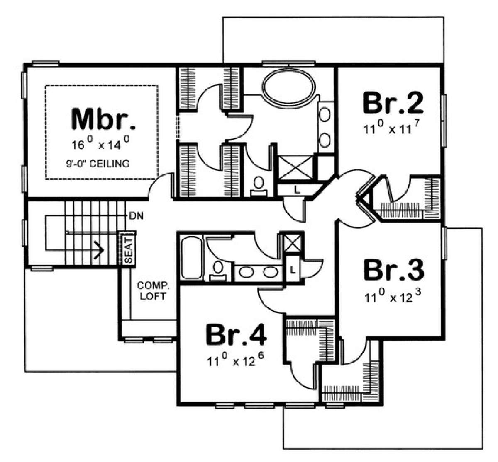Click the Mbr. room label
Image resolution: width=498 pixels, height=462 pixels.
click(104, 119)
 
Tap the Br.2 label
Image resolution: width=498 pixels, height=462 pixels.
click(393, 102)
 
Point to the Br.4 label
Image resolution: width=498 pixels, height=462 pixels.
click(236, 335)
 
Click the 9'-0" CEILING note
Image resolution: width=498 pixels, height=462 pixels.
click(98, 164)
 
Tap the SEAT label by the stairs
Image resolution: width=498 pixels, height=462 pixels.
click(128, 250)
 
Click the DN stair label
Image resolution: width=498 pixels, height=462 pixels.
click(136, 215)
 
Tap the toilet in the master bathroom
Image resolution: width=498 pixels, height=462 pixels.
click(259, 186)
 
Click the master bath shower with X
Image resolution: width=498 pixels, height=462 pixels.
click(296, 167)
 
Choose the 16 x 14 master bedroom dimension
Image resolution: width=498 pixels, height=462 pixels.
click(101, 144)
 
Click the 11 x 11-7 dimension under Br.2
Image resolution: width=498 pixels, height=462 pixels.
click(392, 128)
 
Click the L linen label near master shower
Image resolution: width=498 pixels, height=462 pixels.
click(297, 190)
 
